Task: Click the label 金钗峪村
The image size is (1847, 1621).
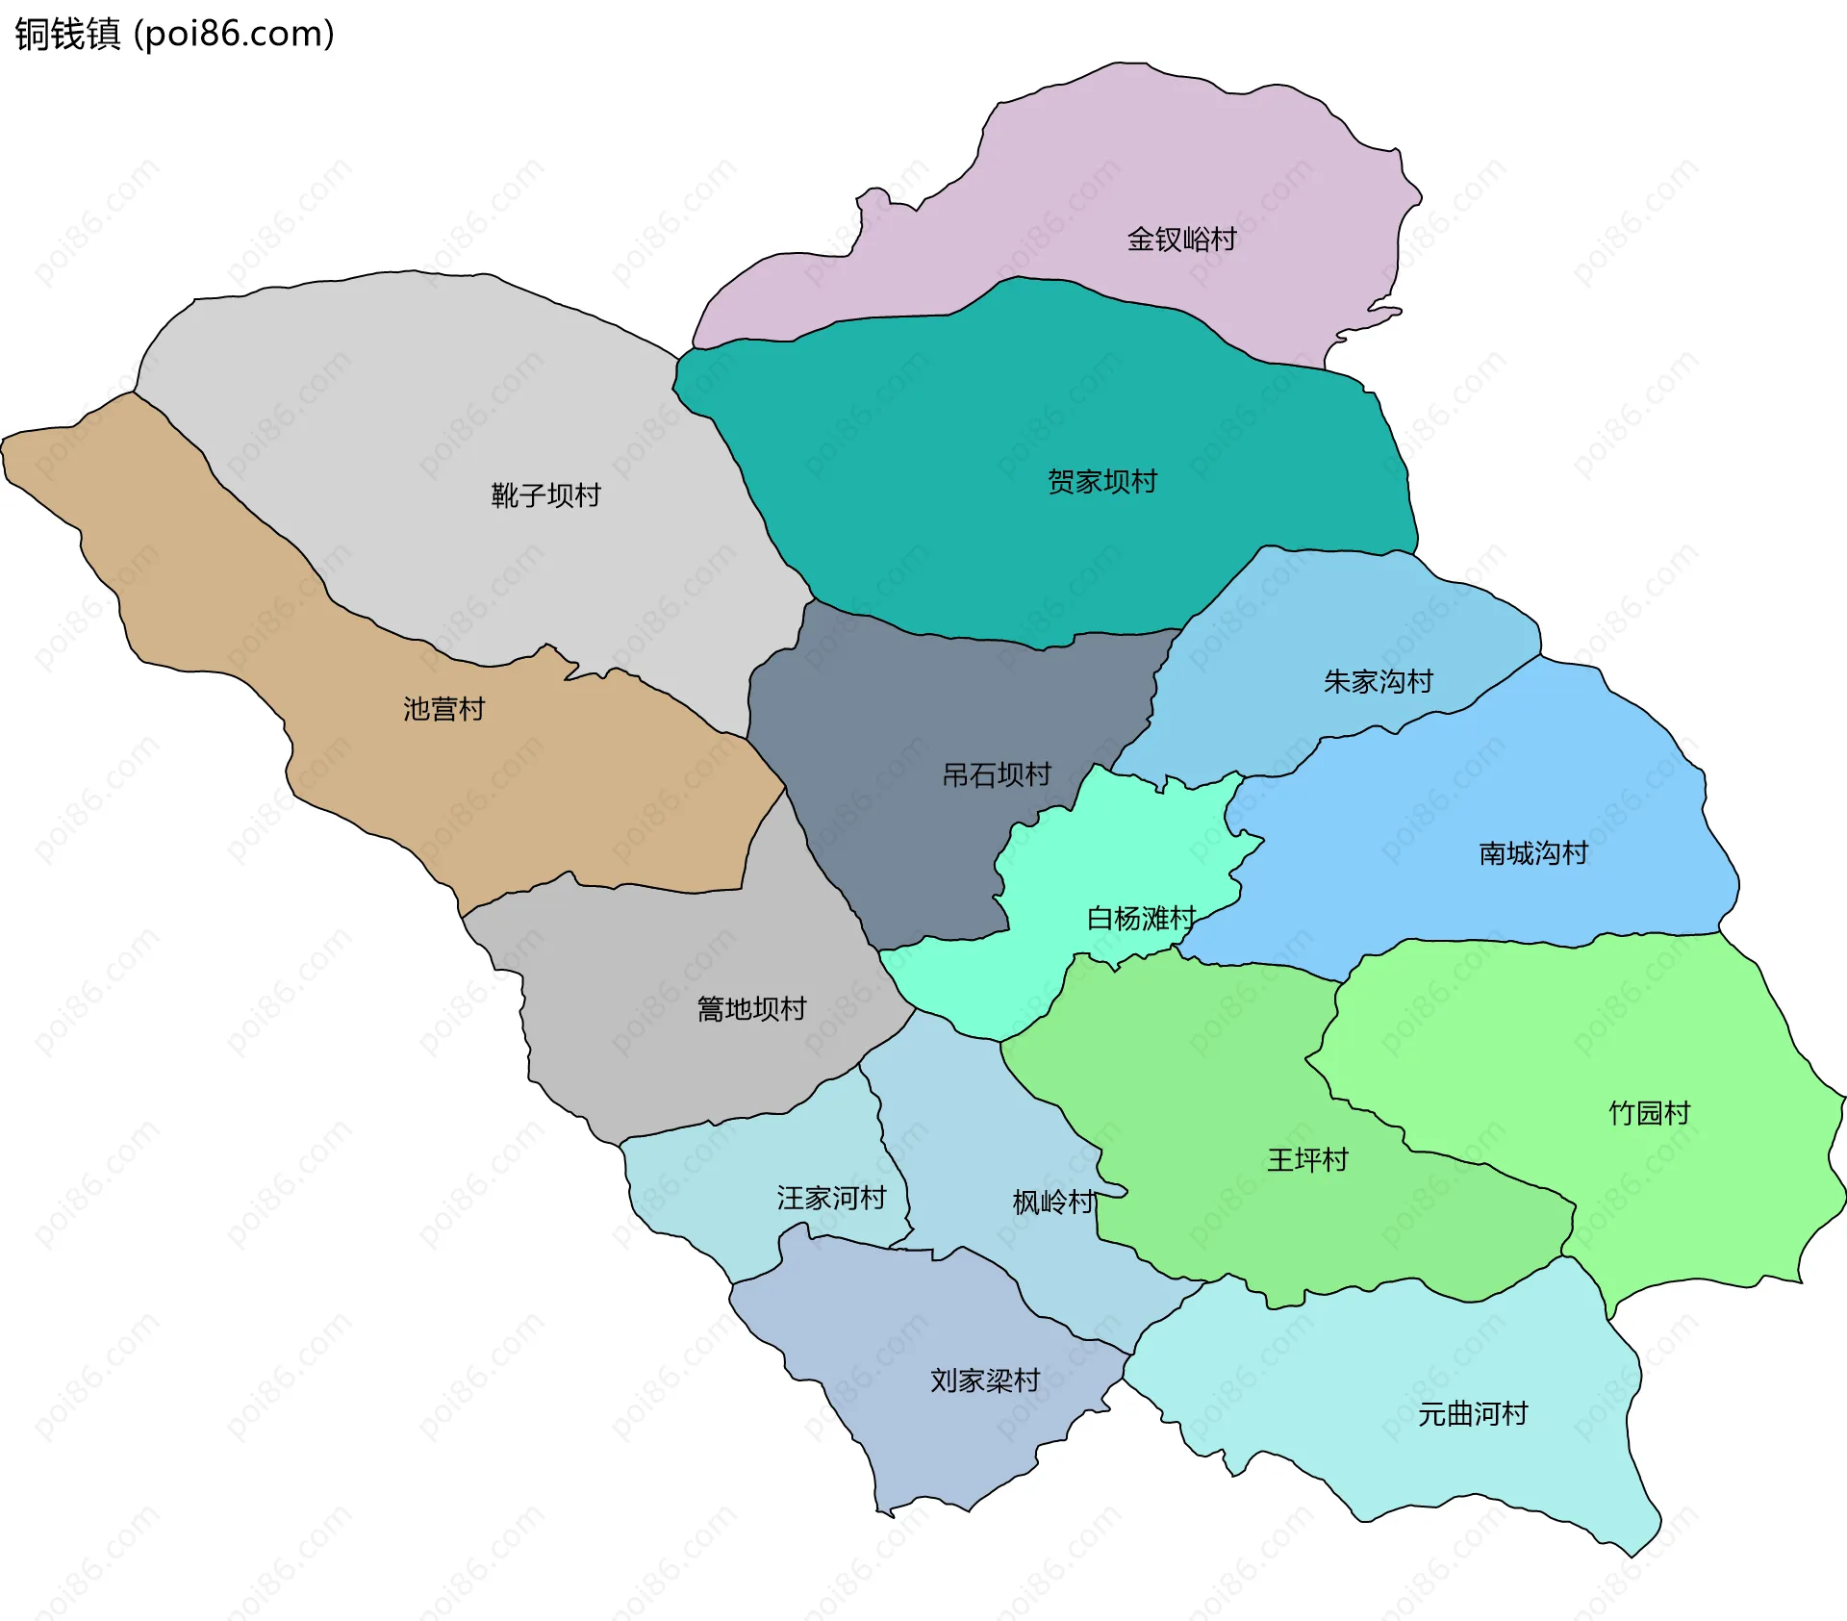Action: tap(1181, 240)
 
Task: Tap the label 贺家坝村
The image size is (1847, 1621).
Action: tap(1101, 482)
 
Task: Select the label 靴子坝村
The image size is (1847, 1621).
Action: tap(545, 495)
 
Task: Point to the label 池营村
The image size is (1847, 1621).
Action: tap(443, 709)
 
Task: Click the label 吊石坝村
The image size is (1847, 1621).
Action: tap(996, 774)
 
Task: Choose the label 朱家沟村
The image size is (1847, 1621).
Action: tap(1378, 682)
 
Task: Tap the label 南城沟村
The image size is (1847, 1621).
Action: tap(1532, 853)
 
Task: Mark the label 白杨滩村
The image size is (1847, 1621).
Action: tap(1141, 918)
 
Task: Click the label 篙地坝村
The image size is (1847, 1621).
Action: tap(751, 1009)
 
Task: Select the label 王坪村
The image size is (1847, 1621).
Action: tap(1307, 1160)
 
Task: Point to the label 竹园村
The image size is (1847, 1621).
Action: tap(1649, 1113)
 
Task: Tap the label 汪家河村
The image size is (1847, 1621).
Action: tap(831, 1198)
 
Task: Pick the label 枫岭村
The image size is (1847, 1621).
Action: tap(1053, 1202)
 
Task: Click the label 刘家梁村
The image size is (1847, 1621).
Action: tap(984, 1380)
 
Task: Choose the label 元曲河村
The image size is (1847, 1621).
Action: tap(1473, 1414)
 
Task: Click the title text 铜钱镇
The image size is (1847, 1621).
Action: tap(67, 34)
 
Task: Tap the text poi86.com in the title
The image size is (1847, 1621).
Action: tap(234, 34)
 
